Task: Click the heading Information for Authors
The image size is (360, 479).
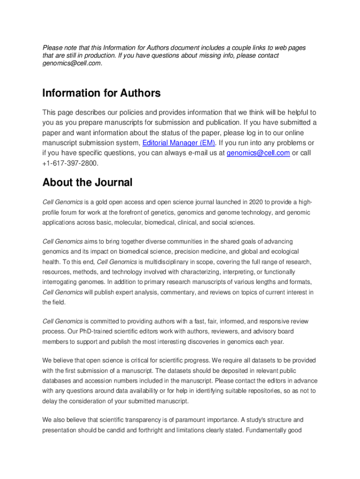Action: (101, 94)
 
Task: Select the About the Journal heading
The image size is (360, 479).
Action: (87, 182)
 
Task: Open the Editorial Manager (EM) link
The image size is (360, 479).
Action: (179, 143)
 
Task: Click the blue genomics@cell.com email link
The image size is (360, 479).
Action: (258, 153)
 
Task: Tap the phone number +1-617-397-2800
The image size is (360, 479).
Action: (71, 163)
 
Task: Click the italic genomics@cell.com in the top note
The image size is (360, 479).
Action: (71, 64)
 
